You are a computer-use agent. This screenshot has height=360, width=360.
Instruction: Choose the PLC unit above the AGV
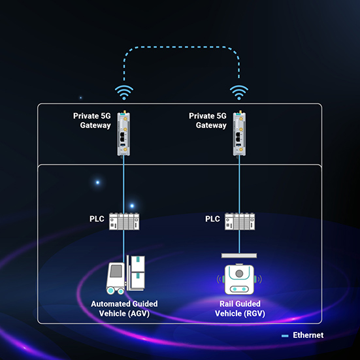(x=124, y=221)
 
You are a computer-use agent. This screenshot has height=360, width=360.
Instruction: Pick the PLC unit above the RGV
(x=239, y=221)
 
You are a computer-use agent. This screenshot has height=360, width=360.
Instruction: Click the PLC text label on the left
(x=97, y=219)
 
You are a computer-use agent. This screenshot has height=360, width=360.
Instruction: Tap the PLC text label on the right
(x=212, y=219)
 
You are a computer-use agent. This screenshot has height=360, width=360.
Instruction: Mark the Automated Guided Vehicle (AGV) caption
(x=124, y=308)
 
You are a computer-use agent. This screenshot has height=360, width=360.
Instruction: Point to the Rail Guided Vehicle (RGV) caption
(x=239, y=308)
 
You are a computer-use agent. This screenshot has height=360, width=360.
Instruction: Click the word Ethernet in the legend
(x=308, y=335)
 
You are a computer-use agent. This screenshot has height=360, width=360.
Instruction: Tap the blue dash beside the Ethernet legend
(x=285, y=336)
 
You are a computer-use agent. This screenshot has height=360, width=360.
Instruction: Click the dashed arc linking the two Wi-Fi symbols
(x=181, y=47)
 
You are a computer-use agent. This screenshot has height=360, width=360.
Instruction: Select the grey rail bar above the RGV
(x=239, y=255)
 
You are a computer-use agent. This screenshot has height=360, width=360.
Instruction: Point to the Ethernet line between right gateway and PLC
(x=239, y=183)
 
